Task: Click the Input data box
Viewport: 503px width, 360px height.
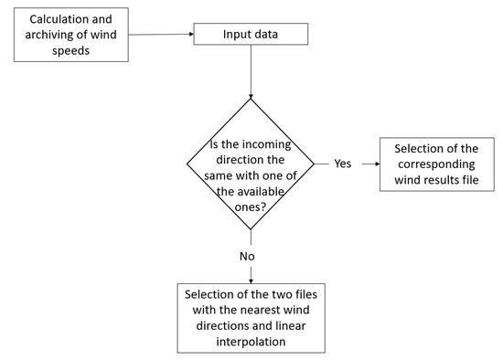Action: click(x=250, y=35)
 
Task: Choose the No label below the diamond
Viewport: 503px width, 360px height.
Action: click(x=248, y=257)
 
